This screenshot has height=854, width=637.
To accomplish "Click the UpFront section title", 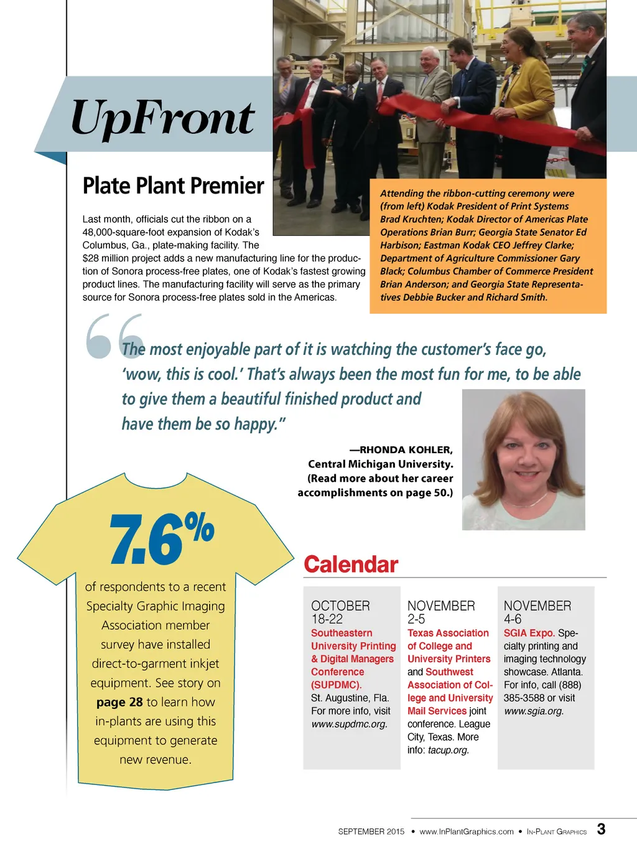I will (x=162, y=118).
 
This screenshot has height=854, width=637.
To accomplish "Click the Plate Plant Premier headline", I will (x=173, y=185).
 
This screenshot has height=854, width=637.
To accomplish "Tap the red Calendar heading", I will (x=350, y=565).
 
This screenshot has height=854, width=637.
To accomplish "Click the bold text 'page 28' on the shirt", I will (x=119, y=702).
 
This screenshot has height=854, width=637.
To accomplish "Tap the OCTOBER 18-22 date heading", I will (x=340, y=612).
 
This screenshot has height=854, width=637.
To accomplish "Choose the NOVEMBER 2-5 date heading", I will (x=440, y=612).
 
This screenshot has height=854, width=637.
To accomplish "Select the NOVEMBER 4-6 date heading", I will (x=537, y=612).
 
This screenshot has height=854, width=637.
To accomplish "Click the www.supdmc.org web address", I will (x=349, y=724).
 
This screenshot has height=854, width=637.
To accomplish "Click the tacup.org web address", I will (x=448, y=750).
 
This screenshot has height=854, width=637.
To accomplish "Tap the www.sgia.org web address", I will (x=534, y=711).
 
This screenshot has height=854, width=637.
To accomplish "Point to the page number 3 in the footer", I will (x=601, y=829).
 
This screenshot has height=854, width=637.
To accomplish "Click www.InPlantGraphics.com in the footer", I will (x=467, y=832).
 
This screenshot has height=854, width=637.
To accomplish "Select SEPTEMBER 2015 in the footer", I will (x=371, y=832).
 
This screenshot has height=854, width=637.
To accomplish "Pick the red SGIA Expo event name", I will (x=529, y=633).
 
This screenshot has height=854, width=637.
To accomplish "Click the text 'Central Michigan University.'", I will (x=380, y=464).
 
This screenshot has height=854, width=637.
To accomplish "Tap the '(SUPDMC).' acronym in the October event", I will (x=336, y=685).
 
